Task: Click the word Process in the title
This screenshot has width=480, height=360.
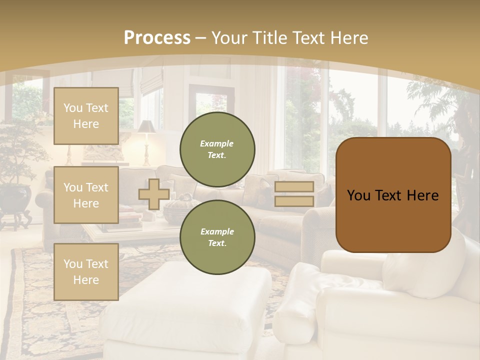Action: click(x=157, y=38)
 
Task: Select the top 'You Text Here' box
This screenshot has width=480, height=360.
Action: click(x=86, y=116)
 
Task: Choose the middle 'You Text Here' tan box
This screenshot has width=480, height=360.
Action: click(x=86, y=195)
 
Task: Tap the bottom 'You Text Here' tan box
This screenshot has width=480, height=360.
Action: click(x=86, y=271)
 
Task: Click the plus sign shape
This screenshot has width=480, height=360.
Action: click(x=154, y=194)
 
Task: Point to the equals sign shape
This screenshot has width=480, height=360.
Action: click(x=294, y=194)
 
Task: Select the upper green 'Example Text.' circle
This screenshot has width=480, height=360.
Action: click(x=217, y=149)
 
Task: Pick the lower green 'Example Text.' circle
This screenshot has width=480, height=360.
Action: click(x=217, y=237)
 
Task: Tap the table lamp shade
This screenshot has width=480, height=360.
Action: click(x=146, y=127)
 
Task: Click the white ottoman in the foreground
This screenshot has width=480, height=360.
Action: click(x=190, y=310)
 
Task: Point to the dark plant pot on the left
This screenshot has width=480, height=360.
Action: click(x=16, y=197)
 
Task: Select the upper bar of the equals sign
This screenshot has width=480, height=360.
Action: click(x=294, y=187)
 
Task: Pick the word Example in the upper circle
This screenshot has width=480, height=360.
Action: click(x=217, y=143)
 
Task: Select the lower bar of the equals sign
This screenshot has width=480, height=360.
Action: click(x=294, y=201)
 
